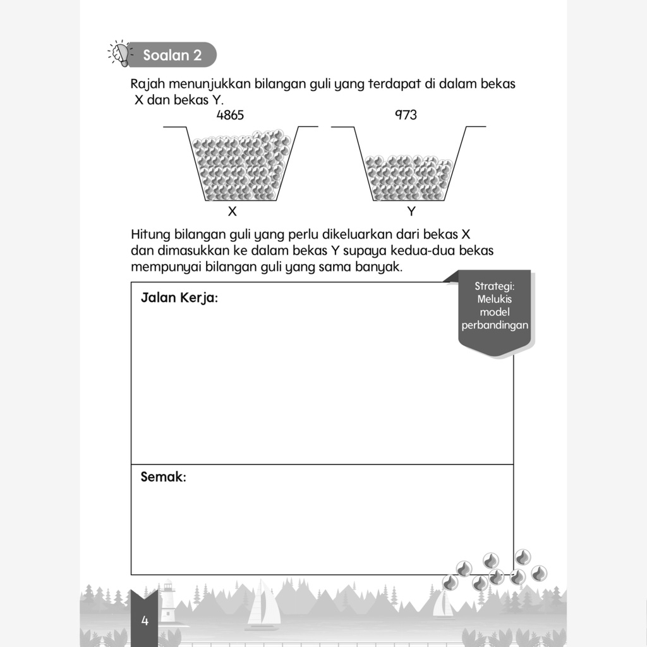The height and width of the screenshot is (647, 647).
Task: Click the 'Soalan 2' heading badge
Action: [x=172, y=55]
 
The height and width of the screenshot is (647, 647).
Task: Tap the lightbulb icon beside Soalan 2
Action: [x=120, y=54]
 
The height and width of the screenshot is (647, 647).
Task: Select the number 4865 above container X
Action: [x=229, y=115]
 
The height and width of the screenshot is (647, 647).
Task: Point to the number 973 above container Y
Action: [x=406, y=115]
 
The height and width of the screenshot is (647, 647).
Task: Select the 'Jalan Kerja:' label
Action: [x=179, y=297]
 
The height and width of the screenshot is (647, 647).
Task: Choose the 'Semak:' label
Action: [x=163, y=477]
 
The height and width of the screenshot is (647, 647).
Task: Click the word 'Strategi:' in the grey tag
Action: [x=495, y=286]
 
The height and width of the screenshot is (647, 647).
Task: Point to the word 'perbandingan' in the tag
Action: [x=495, y=326]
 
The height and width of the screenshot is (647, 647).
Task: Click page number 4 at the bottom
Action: [x=145, y=620]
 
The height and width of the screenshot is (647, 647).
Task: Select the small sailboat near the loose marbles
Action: [x=442, y=605]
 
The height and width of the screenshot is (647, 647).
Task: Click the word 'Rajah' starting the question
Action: [x=147, y=84]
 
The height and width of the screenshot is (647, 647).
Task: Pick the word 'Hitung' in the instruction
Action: [x=150, y=234]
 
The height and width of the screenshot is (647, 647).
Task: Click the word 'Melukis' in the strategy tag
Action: [x=495, y=299]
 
